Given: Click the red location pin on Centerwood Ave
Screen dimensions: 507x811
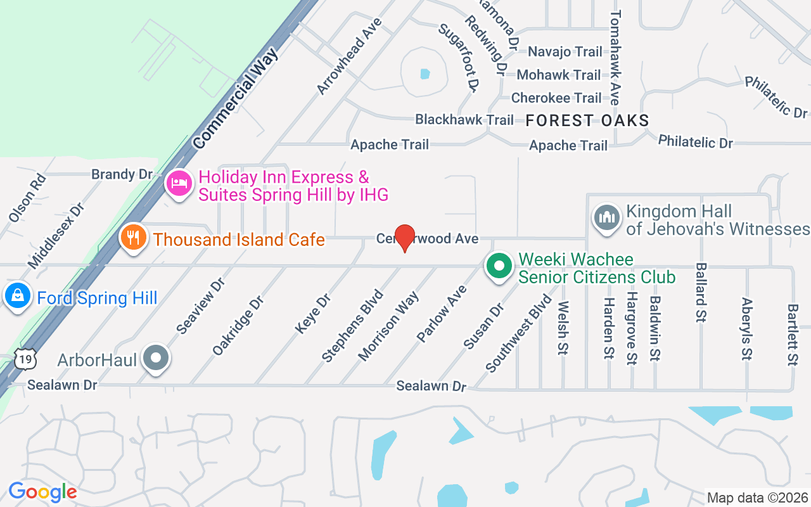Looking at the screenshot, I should tap(404, 238).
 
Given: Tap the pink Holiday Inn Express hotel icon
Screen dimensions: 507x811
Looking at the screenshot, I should tap(179, 184).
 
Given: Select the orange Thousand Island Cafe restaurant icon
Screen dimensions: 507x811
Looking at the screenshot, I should tap(133, 238).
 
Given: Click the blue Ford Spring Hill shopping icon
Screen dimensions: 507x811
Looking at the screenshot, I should tap(18, 296).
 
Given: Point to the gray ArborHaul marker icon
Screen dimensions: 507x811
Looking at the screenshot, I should tap(155, 359).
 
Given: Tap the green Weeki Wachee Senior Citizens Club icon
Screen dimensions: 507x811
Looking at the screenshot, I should tap(499, 266).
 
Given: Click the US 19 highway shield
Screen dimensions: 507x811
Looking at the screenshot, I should tap(27, 359).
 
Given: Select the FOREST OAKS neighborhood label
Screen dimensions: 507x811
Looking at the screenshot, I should tap(587, 120).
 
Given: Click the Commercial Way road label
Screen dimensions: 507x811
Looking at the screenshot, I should tap(236, 99).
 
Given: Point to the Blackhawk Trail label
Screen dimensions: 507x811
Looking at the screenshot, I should tap(464, 119).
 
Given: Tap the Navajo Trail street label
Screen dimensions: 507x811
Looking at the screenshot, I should tap(565, 51).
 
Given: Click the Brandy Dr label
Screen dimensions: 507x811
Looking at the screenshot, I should tap(122, 174).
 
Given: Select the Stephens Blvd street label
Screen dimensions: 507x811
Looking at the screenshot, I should tap(353, 326).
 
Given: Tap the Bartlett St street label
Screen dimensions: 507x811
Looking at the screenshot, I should tap(792, 335).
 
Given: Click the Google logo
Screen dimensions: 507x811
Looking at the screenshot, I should tap(42, 492).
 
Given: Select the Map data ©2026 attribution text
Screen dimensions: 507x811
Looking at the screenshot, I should tap(758, 497).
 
